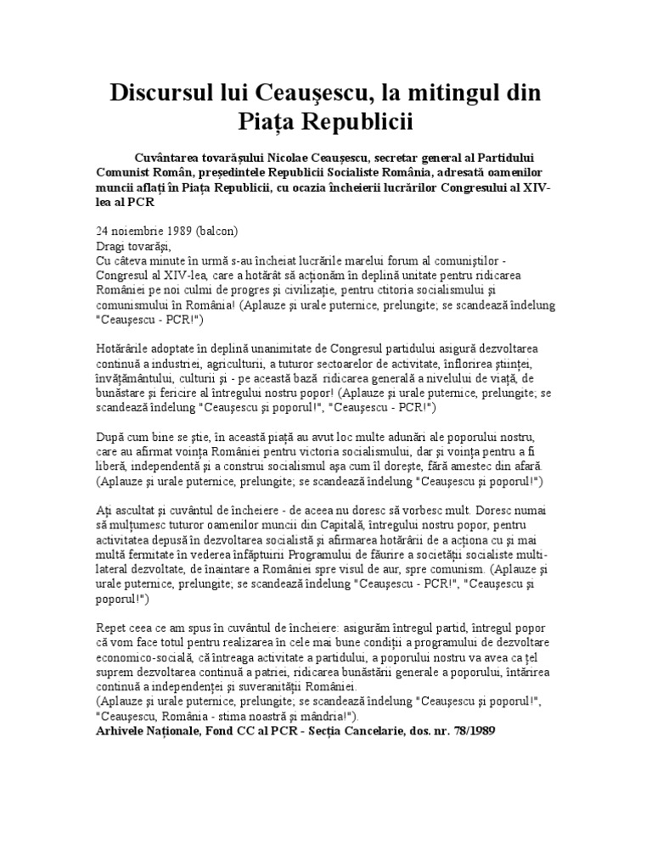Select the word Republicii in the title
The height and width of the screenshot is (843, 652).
coord(353,124)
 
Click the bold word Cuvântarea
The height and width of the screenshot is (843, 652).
coord(170,157)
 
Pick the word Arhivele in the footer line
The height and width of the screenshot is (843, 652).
coord(125,732)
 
